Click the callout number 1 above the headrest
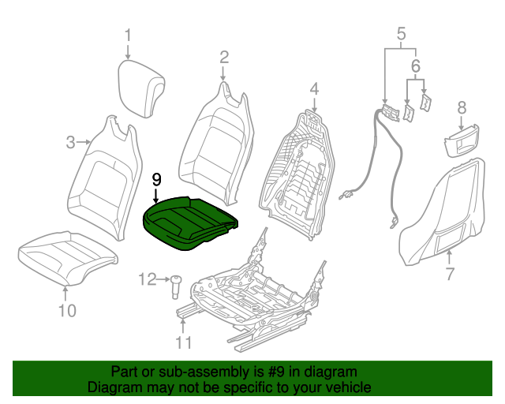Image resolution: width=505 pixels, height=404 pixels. click(128, 36)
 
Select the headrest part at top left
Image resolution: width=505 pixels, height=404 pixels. click(141, 88)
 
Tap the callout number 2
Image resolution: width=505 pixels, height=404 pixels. click(224, 58)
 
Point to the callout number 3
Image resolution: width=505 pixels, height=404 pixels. click(70, 142)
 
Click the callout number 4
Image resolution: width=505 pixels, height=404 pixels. click(314, 89)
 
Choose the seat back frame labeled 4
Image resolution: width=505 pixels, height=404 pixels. click(297, 176)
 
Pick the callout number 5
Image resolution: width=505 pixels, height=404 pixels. click(401, 34)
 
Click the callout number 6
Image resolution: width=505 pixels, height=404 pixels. click(416, 65)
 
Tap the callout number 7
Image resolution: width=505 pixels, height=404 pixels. click(450, 274)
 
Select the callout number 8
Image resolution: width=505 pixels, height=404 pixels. click(462, 107)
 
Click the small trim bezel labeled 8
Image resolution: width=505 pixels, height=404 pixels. click(461, 142)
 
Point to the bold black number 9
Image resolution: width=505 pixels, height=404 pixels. click(156, 180)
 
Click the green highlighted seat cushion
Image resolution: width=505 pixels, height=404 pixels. click(190, 223)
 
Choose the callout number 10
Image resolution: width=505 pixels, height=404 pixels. click(67, 311)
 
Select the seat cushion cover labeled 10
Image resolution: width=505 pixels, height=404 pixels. click(68, 258)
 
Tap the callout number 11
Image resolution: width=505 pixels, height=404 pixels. click(183, 342)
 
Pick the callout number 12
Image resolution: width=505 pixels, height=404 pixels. click(148, 279)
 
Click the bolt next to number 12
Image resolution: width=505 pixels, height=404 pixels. click(175, 286)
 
